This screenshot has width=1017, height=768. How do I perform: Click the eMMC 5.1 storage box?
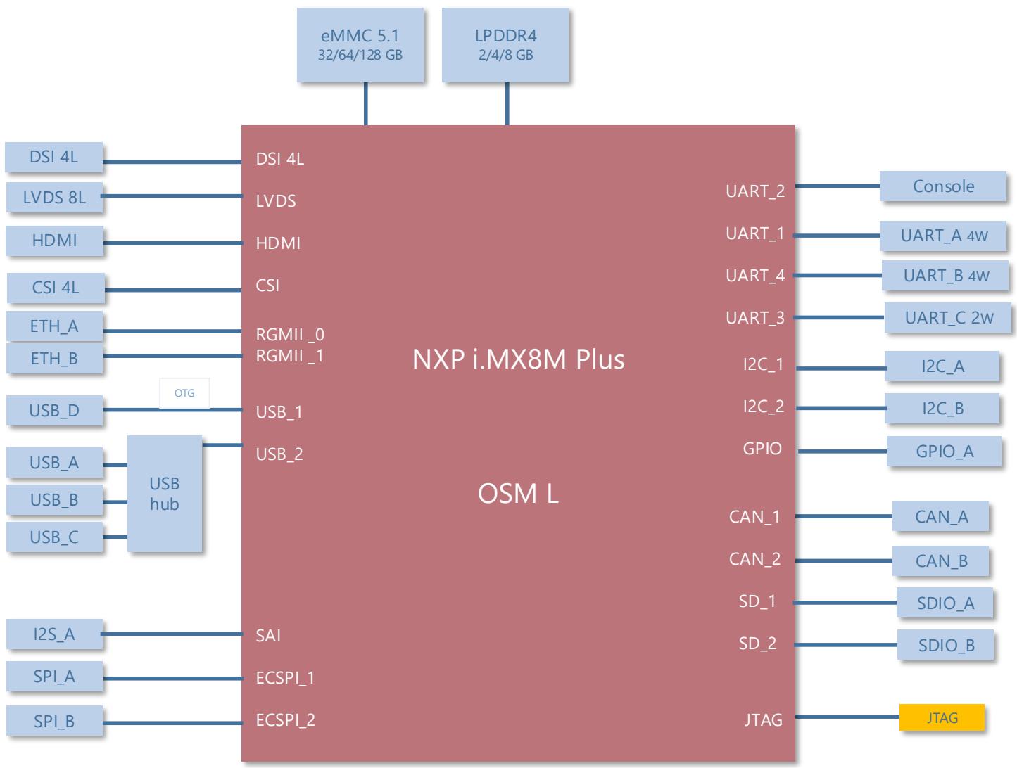360,45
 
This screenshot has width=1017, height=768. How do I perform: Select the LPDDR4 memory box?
505,45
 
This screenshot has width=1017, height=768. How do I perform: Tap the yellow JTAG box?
942,717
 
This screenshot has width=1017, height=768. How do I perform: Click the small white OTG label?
184,393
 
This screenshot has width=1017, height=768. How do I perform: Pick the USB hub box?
165,494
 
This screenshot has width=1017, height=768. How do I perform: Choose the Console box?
943,186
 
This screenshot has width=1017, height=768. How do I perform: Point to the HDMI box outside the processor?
54,241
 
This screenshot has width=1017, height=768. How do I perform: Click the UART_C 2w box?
947,318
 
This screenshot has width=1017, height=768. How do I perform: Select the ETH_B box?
54,358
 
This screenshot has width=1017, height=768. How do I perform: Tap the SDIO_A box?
945,603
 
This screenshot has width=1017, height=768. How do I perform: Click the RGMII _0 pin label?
290,335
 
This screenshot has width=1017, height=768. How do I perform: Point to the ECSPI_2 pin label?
286,720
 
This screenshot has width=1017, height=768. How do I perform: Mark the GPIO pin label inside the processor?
762,448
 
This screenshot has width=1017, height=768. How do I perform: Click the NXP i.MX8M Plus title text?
519,359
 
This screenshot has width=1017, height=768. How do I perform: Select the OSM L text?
518,494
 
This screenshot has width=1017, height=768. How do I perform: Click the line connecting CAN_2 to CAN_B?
844,561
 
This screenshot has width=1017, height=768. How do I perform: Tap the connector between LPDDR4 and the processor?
507,103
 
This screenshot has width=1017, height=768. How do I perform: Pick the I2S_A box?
54,634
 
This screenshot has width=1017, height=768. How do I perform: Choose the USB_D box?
54,411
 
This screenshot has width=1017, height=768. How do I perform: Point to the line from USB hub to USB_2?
222,445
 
